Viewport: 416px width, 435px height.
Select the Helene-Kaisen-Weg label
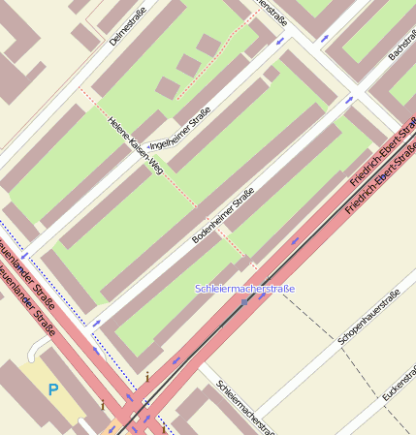coord(135,144)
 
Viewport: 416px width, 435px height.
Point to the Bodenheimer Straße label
coord(222,215)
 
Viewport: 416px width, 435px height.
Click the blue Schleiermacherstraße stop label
coord(244,289)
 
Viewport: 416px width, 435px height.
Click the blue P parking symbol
coord(52,389)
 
